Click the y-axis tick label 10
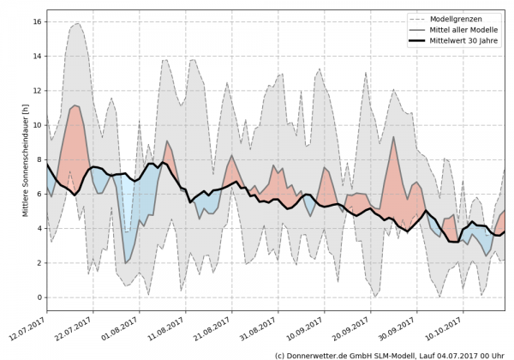(34, 125)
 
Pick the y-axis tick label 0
(37, 297)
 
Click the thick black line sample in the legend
(408, 40)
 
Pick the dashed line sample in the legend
(408, 17)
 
